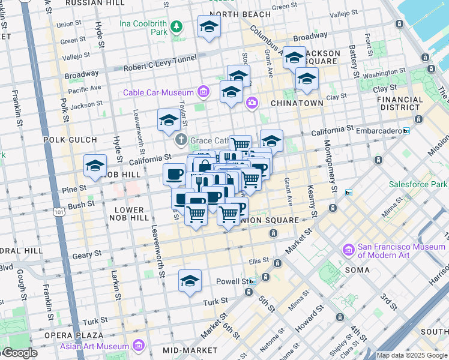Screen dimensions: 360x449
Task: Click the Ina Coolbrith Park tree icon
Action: tap(176, 26)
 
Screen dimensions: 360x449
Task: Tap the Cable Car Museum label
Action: tap(158, 92)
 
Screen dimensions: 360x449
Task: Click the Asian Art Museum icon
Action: tap(139, 346)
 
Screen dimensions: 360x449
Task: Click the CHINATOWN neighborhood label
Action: tap(297, 103)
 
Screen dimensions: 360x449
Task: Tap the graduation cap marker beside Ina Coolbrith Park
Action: tap(209, 26)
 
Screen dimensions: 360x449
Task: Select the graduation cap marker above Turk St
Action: tap(190, 281)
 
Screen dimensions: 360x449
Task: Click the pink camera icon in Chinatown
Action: tap(251, 103)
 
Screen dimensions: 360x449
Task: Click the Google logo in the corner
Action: tap(19, 353)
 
